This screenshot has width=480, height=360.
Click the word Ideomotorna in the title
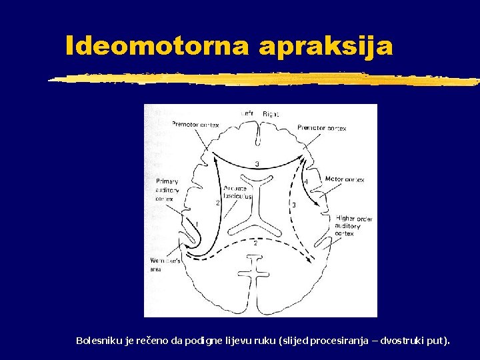click(157, 46)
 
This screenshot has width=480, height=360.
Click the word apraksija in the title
click(327, 46)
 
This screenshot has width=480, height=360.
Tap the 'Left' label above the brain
click(247, 114)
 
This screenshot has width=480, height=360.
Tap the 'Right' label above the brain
click(270, 114)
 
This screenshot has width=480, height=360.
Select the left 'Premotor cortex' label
click(195, 124)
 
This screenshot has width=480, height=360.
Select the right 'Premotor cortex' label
click(321, 127)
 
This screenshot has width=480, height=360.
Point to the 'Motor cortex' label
click(344, 180)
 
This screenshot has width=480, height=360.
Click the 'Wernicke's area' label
click(165, 265)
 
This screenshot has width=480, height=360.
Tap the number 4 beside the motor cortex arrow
click(306, 181)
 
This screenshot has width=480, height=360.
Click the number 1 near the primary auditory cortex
click(196, 224)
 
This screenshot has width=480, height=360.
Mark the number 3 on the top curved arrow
click(257, 165)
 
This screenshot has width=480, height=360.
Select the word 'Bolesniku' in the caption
click(97, 341)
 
